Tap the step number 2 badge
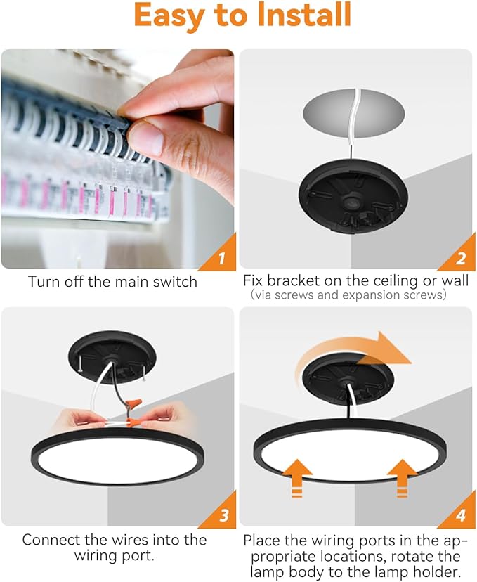pos(460,259)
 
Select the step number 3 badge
pos(223,516)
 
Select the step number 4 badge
pos(460,516)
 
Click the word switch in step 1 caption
pos(176,281)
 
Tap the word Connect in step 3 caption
pos(50,540)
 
